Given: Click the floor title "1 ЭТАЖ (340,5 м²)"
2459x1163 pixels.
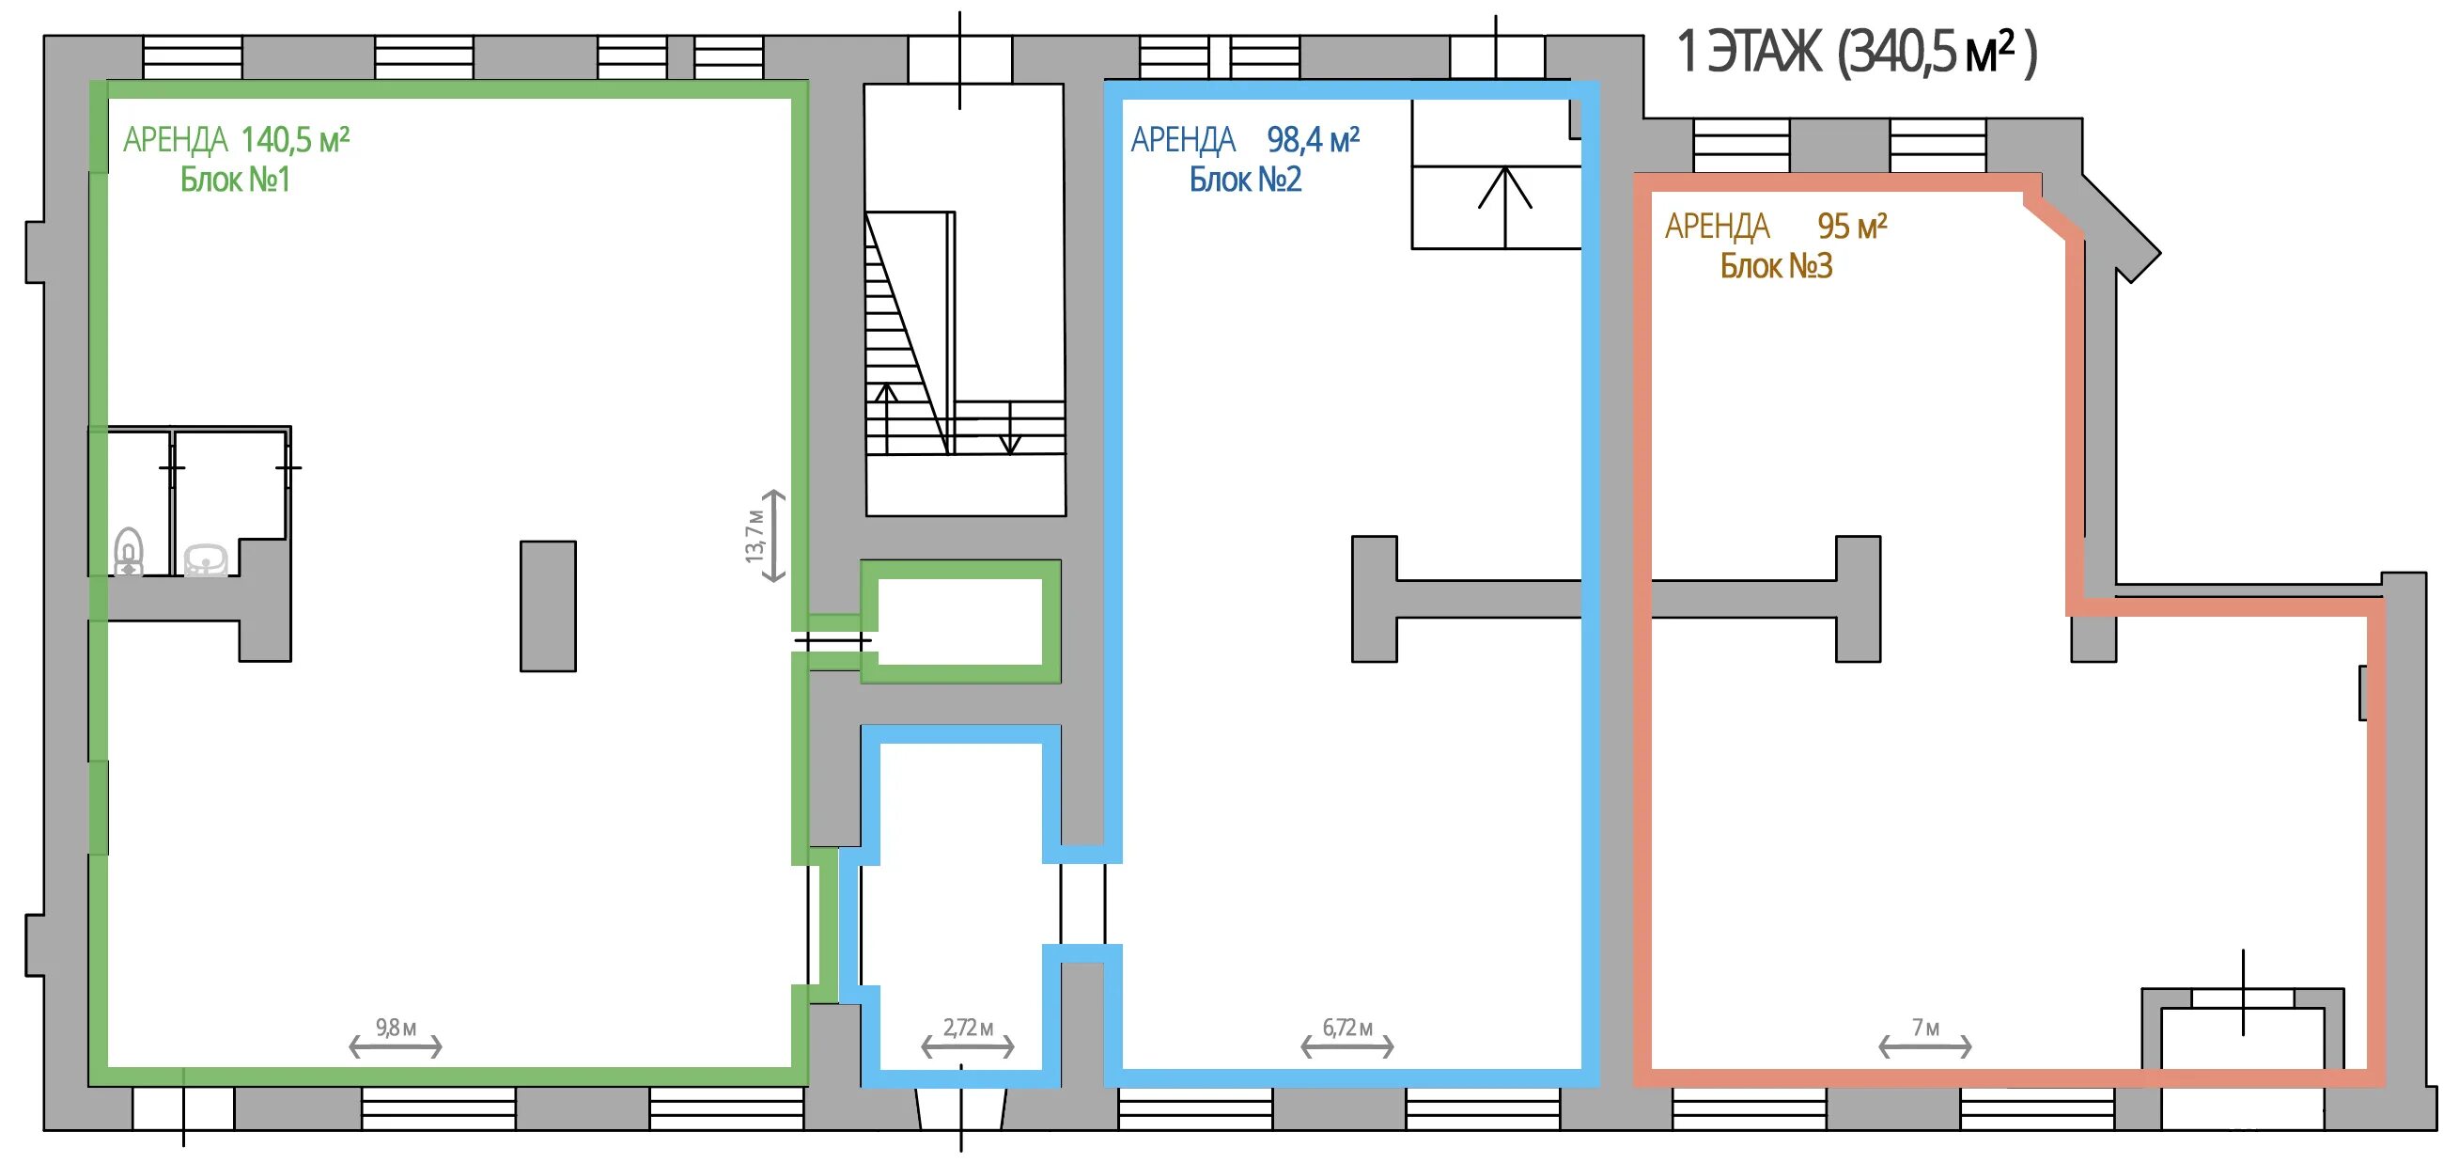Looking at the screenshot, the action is click(1857, 53).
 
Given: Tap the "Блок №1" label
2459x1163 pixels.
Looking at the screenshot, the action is click(235, 180).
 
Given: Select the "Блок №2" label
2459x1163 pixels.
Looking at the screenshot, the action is click(1245, 180).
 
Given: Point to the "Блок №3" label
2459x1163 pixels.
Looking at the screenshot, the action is click(1776, 265).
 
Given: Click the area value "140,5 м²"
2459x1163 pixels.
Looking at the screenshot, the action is click(295, 140).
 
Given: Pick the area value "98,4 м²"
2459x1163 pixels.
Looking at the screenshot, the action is click(1313, 140).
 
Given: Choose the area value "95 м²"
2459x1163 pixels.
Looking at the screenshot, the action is click(1852, 227).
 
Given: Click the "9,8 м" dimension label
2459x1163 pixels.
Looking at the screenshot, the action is click(396, 1028).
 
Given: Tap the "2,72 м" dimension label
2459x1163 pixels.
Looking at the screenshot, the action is click(968, 1028).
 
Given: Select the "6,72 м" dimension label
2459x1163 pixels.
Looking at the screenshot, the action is click(1346, 1028).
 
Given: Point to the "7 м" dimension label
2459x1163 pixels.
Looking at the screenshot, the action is click(1925, 1028).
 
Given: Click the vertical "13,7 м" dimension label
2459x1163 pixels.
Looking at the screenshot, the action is click(755, 536).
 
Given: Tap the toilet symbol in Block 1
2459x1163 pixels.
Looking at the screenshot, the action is click(129, 552).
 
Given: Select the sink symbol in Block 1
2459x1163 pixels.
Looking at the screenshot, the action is click(205, 560).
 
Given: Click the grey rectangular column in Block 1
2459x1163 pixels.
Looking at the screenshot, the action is click(548, 606).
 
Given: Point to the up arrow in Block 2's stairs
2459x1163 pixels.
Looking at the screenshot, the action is click(1505, 207).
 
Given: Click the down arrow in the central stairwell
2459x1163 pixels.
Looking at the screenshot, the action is click(1010, 429).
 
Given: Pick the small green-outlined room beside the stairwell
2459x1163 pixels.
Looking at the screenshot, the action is click(960, 621).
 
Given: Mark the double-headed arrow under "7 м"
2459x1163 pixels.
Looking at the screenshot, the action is click(1925, 1047).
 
